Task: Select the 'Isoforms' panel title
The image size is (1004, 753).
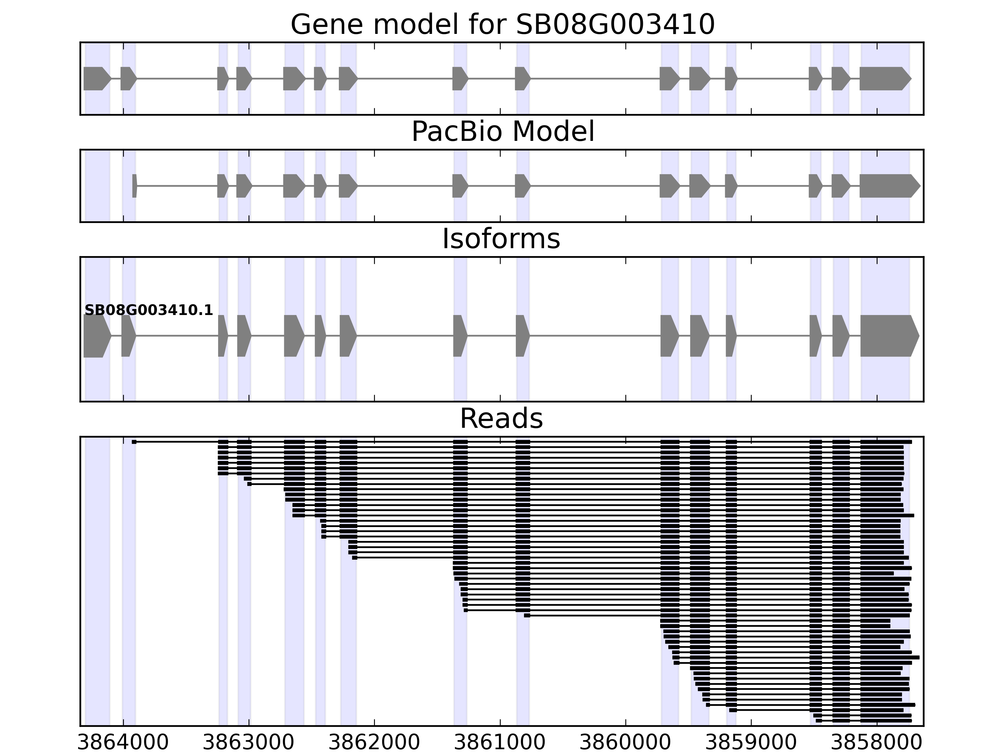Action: tap(501, 239)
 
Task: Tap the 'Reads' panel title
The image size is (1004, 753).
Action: tap(501, 419)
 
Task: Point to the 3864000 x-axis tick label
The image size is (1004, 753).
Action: tap(123, 743)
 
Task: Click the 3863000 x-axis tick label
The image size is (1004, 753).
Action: tap(249, 743)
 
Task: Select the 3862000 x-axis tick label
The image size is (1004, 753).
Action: tap(374, 743)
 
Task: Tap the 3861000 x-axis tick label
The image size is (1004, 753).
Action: tap(500, 743)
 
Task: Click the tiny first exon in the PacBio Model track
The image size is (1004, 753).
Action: tap(134, 186)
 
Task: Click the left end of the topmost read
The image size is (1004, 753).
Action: tap(134, 442)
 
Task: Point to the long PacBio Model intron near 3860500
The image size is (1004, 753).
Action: tap(595, 186)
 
